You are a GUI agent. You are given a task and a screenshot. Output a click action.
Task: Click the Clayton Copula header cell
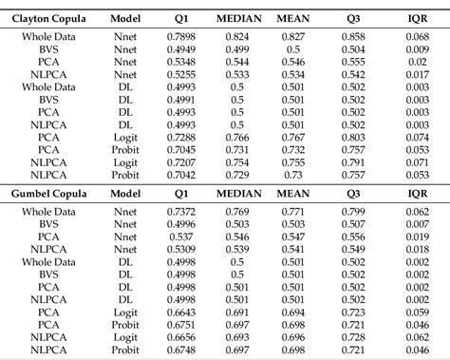coord(46,17)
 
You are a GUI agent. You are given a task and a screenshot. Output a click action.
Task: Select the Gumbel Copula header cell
coord(46,192)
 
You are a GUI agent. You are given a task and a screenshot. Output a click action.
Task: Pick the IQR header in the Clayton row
coord(417,17)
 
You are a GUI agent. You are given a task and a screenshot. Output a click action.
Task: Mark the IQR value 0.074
coord(417,137)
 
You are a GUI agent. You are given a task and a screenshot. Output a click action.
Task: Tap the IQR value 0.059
coord(417,312)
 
